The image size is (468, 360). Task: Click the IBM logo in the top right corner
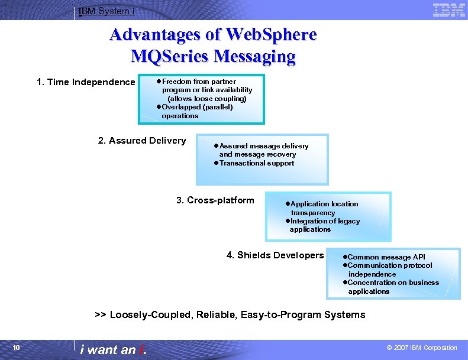coord(448,10)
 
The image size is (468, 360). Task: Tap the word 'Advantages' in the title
coord(154,35)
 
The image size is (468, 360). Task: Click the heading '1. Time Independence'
coord(86,82)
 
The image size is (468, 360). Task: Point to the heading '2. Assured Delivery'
coord(141,141)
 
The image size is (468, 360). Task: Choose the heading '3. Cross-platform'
coord(215,200)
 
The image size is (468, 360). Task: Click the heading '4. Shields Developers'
coord(275,255)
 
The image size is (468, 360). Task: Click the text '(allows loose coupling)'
coord(207,99)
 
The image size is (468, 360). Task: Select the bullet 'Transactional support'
coord(256,163)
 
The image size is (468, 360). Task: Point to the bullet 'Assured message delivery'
coord(263,146)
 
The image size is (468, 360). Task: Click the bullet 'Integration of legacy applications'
coord(324,225)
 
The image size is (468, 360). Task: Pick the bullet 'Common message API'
coord(386,257)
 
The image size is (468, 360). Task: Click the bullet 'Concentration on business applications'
coord(393,287)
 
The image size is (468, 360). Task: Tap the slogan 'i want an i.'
coord(114,349)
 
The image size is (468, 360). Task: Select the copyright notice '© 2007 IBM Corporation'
coord(421,348)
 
